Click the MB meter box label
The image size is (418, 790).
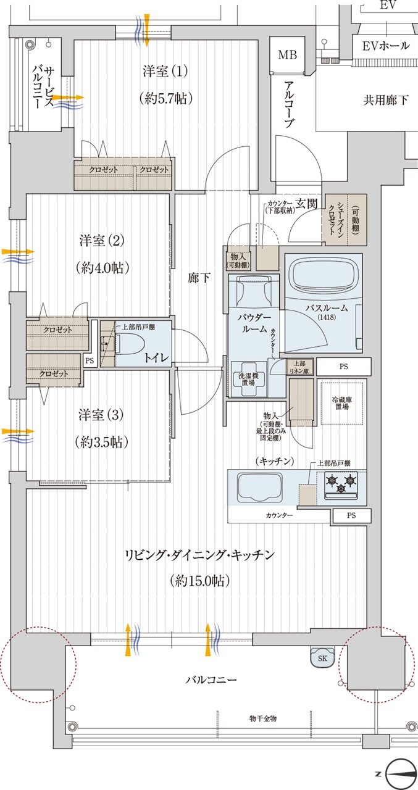tap(287, 56)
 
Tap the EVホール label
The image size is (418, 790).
tap(385, 46)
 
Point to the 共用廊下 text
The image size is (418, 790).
tap(385, 99)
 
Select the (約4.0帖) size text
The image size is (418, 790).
tap(104, 268)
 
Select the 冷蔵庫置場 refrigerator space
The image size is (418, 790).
tap(343, 402)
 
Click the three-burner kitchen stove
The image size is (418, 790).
tap(341, 481)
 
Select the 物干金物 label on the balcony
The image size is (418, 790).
tap(263, 719)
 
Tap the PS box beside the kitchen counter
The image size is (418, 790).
tap(351, 515)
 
